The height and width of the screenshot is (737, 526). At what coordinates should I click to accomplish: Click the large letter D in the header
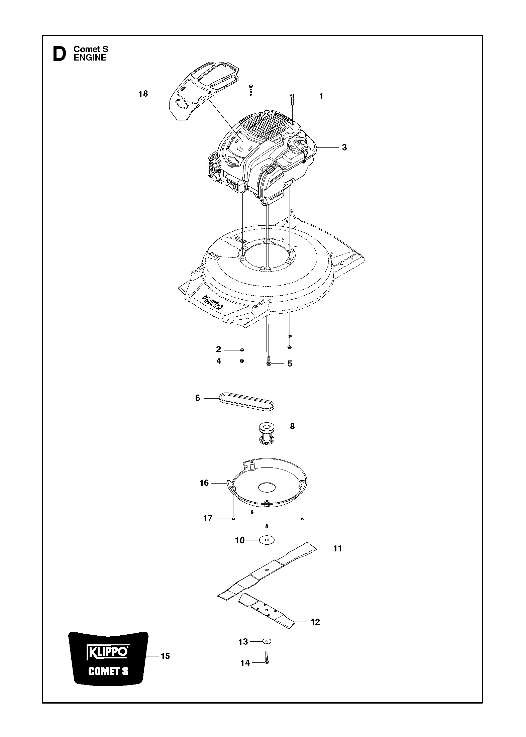click(60, 54)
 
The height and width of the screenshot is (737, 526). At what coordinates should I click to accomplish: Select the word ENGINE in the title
click(90, 58)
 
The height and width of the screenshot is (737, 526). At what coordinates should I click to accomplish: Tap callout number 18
click(143, 94)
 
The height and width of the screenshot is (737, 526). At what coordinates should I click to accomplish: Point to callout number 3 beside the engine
click(344, 147)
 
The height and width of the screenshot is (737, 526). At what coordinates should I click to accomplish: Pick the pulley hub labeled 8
click(267, 433)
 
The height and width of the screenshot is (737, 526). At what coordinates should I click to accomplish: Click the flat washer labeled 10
click(267, 540)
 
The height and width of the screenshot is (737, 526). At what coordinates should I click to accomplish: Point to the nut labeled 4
click(242, 361)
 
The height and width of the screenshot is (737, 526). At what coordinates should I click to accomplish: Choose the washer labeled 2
click(242, 350)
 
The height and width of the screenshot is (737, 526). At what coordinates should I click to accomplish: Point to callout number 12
click(315, 622)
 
